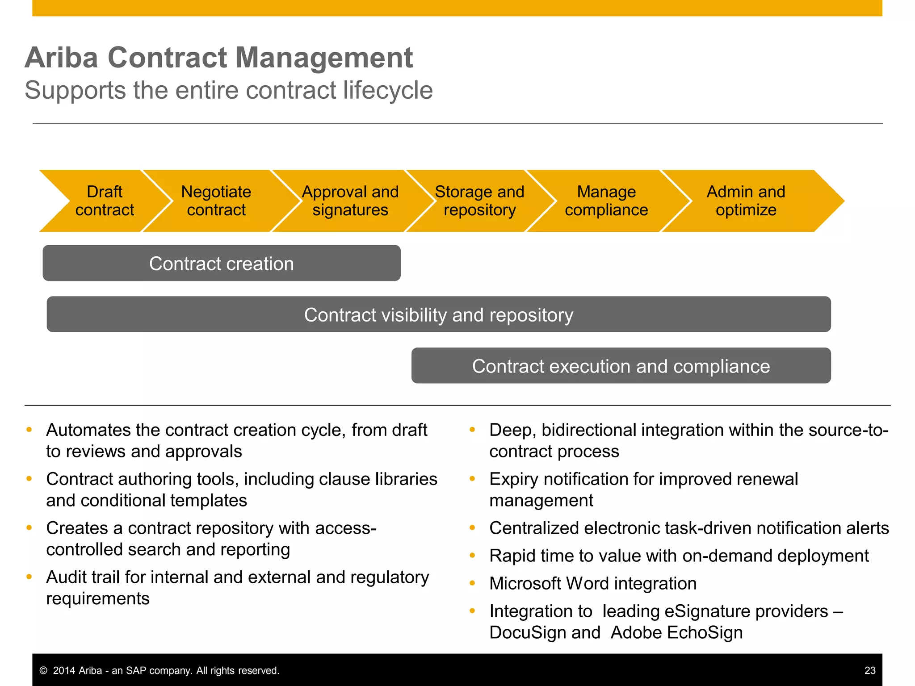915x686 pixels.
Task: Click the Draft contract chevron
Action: [104, 201]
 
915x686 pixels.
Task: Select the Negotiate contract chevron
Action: [216, 201]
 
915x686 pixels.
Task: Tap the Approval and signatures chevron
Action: [350, 201]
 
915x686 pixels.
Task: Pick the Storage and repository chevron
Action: [479, 201]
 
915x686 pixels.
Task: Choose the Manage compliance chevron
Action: [606, 201]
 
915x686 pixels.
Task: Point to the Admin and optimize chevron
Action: [746, 201]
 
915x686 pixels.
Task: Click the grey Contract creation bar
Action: [222, 263]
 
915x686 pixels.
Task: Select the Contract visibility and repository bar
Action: [439, 314]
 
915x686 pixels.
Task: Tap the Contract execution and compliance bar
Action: [621, 366]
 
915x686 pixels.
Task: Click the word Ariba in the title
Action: [61, 58]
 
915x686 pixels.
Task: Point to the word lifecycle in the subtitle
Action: [388, 90]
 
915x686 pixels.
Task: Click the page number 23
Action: [870, 670]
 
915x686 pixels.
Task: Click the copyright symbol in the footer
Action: [43, 671]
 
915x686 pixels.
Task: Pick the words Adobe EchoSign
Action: [676, 632]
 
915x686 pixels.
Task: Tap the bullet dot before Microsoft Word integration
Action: [472, 583]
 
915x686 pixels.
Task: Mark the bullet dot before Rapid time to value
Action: [472, 555]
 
